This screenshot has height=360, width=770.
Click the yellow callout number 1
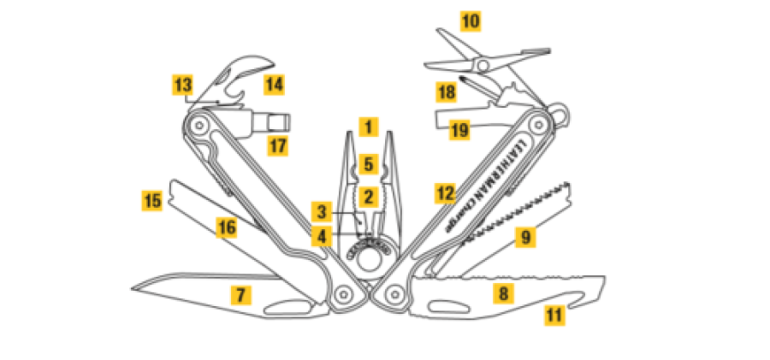pos(368,127)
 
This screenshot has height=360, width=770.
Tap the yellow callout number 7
pos(241,296)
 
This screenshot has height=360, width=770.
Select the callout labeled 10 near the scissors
pos(471,19)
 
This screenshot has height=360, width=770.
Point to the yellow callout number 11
pos(555,315)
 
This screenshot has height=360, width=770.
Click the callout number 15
pos(151,202)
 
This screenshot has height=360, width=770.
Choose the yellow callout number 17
pos(277,145)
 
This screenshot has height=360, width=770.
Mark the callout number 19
pos(460,130)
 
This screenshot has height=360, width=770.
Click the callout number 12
pos(444,192)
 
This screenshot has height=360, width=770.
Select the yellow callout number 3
pos(320,211)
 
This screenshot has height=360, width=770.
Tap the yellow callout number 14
pos(274,85)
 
